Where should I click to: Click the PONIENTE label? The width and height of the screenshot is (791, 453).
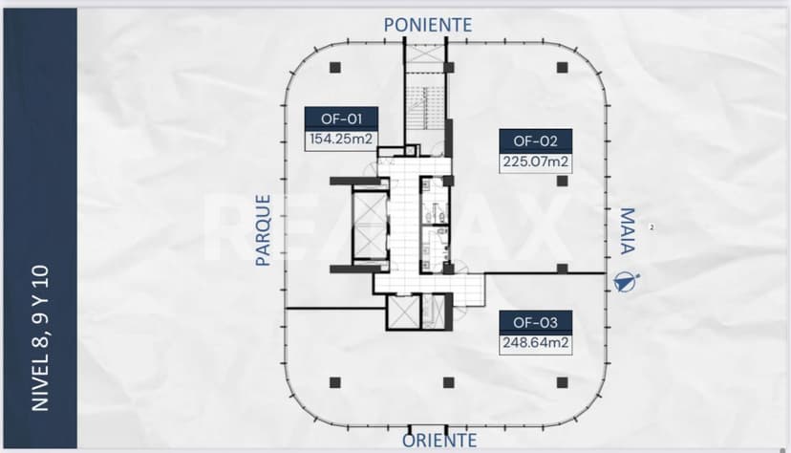tap(428, 25)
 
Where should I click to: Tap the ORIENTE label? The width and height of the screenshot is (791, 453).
tap(439, 441)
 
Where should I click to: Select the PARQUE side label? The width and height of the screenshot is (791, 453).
tap(263, 230)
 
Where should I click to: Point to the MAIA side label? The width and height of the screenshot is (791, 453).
tap(627, 230)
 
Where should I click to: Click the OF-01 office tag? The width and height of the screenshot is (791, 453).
tap(341, 119)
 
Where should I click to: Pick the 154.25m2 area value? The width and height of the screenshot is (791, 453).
tap(341, 140)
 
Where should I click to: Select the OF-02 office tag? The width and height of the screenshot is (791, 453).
tap(535, 141)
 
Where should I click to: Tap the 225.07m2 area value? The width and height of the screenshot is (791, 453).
tap(535, 162)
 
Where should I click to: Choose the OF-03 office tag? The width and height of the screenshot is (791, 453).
tap(535, 322)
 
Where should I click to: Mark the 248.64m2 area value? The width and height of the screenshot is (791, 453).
tap(535, 343)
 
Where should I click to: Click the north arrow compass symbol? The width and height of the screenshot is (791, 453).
tap(626, 283)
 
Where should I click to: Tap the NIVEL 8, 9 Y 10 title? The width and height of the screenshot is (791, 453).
tap(40, 338)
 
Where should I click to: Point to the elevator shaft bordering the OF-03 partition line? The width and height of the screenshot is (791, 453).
tap(403, 312)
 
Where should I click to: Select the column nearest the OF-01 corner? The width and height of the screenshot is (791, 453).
tap(335, 68)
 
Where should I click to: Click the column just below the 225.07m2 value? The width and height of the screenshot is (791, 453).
tap(562, 181)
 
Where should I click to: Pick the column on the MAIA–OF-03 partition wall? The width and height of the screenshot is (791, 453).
tap(562, 269)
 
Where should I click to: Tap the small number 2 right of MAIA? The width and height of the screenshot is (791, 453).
tap(652, 227)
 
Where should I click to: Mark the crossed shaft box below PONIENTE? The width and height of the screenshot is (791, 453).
tap(424, 54)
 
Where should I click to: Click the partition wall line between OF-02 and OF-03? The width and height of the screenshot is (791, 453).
tap(545, 273)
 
